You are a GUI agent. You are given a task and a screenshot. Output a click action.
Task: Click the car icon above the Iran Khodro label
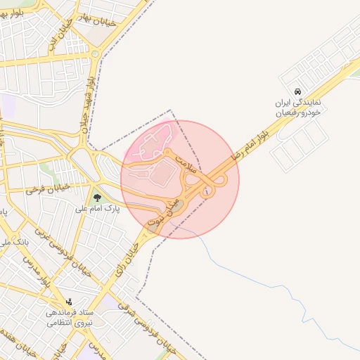[299, 92]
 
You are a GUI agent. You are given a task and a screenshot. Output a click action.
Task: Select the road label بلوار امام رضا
[254, 143]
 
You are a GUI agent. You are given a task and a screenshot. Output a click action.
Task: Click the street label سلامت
[185, 161]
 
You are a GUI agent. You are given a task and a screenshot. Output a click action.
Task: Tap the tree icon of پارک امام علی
[97, 198]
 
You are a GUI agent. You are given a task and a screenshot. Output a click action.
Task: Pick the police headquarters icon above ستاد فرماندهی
[69, 301]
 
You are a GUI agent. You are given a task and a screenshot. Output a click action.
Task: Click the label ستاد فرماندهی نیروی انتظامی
[67, 319]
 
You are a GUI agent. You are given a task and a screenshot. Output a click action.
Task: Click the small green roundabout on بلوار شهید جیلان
[95, 53]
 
